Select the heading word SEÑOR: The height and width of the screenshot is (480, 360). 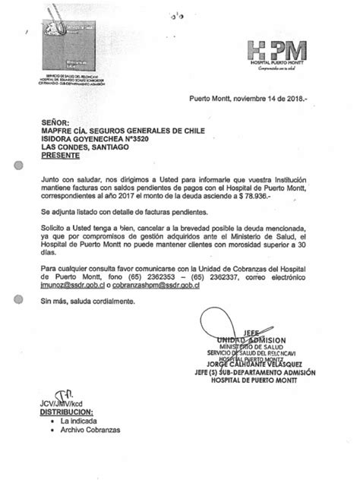click(x=55, y=121)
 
